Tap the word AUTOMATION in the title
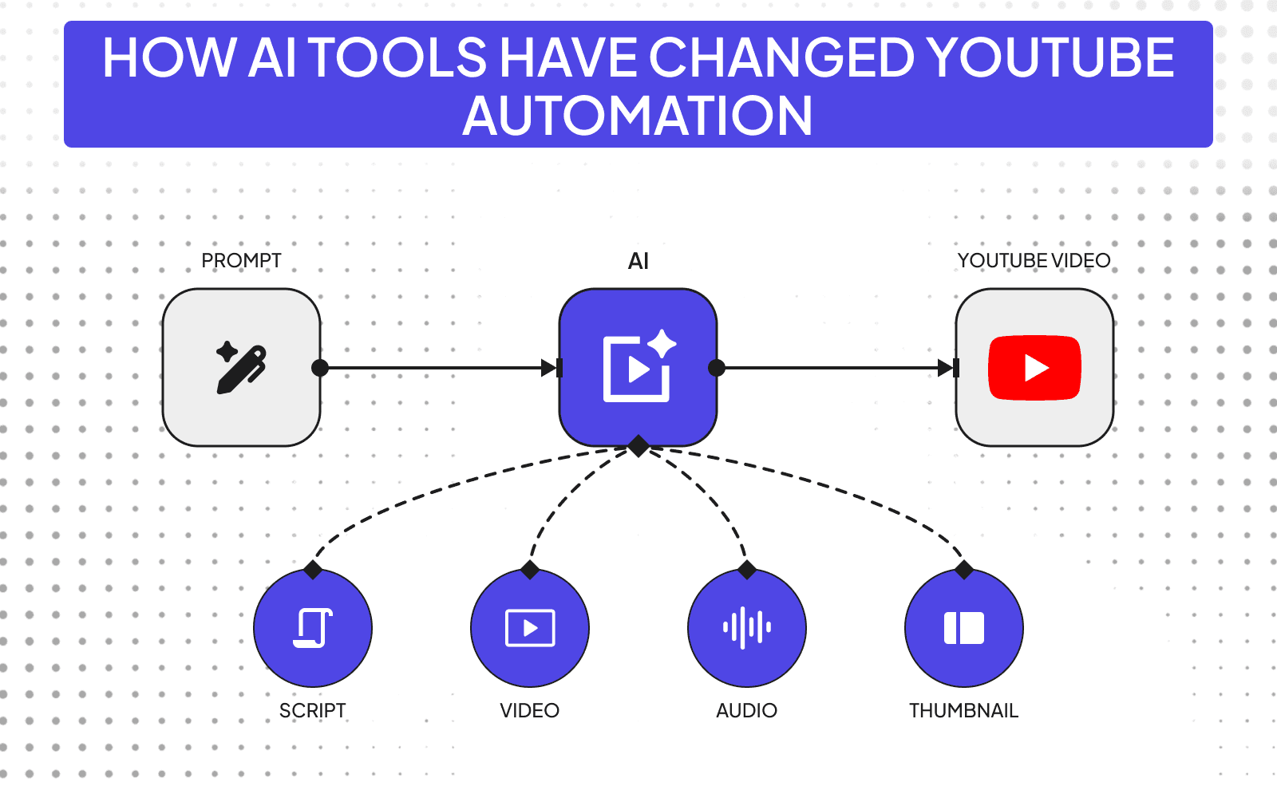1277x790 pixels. pos(637,116)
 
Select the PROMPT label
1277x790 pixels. pos(241,261)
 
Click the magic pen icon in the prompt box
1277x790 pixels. pos(241,368)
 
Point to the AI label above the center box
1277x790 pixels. pos(638,261)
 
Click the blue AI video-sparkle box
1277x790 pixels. pos(638,367)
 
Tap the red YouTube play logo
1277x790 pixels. pos(1034,368)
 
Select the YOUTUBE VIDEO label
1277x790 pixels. pos(1034,261)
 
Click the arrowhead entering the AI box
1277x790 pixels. pos(550,368)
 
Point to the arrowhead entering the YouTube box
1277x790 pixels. pos(947,368)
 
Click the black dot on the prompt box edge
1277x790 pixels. pos(320,368)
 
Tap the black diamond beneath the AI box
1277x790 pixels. pos(638,446)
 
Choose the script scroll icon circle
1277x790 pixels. pos(313,628)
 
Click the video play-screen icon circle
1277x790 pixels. pos(530,628)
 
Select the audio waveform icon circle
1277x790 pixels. pos(747,628)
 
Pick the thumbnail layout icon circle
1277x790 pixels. pos(964,628)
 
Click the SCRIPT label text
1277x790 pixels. pos(313,710)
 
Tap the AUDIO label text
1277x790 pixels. pos(746,710)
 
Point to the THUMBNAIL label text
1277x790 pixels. pos(963,710)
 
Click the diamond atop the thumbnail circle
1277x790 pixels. pos(964,570)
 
